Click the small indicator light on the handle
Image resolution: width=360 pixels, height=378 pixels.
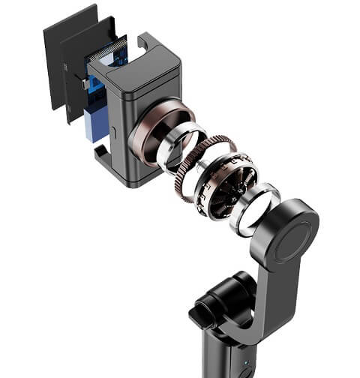pos(246,370)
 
